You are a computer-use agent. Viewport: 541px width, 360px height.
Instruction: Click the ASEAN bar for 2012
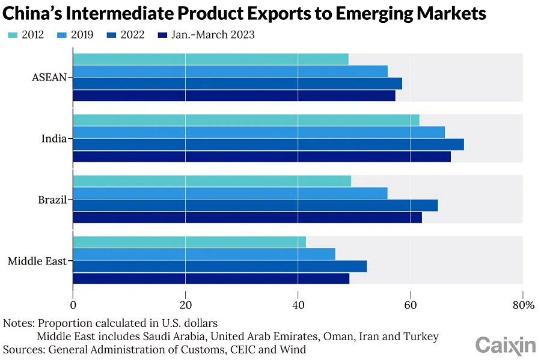pos(210,59)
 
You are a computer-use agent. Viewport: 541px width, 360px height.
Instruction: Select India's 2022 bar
pos(268,144)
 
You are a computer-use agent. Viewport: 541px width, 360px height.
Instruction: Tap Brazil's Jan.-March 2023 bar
pos(247,218)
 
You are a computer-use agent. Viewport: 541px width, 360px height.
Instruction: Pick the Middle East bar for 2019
pos(204,254)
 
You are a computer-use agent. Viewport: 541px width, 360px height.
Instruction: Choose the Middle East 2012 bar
pos(189,242)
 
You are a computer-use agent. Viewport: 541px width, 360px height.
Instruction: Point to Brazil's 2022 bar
pos(255,205)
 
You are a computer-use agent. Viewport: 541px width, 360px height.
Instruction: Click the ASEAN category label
pos(50,78)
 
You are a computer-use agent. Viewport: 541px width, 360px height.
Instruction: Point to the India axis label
pos(53,139)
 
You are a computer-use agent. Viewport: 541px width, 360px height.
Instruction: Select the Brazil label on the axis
pos(52,200)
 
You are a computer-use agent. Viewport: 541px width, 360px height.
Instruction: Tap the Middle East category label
pos(37,261)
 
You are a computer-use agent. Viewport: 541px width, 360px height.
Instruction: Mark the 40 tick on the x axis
pos(298,305)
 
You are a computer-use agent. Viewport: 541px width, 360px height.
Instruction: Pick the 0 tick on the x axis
pos(73,305)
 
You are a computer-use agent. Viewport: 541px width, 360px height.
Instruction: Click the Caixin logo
pos(506,346)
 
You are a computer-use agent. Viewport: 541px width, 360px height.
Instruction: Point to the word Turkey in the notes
pos(422,337)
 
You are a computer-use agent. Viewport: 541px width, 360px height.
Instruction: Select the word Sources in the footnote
pos(23,349)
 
